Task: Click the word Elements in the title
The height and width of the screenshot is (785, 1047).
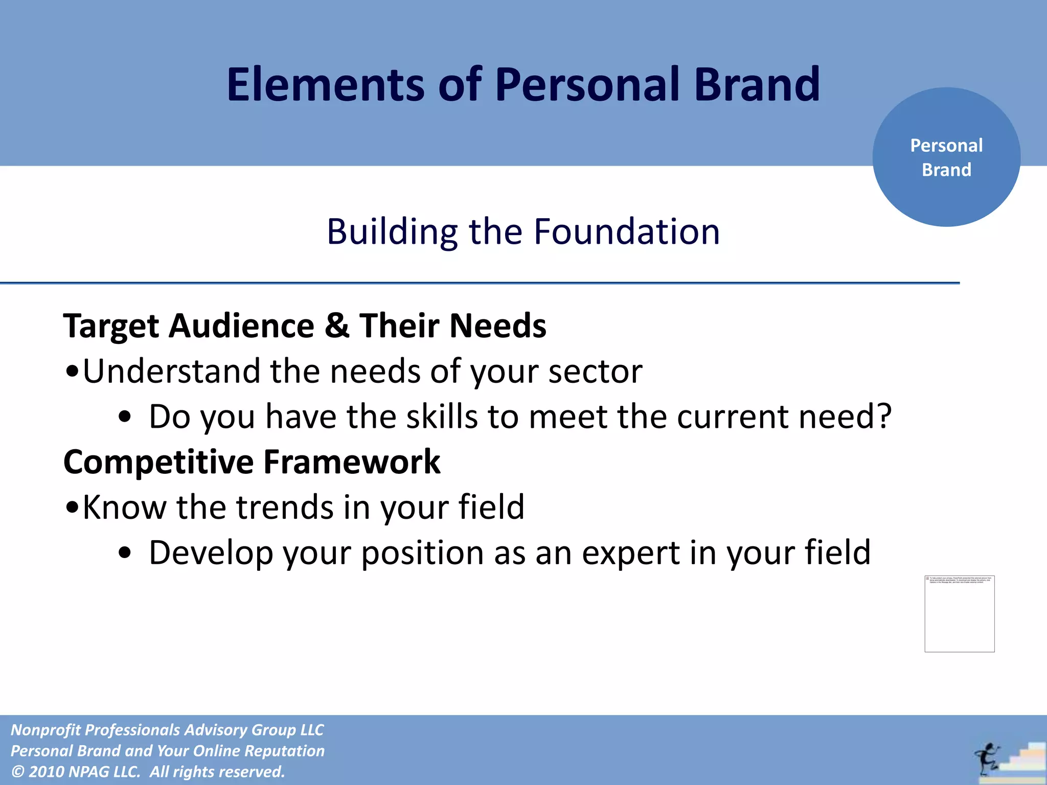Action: pyautogui.click(x=325, y=84)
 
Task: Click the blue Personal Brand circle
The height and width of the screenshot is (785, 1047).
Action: pyautogui.click(x=946, y=157)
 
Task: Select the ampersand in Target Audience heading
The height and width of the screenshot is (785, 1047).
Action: pyautogui.click(x=336, y=326)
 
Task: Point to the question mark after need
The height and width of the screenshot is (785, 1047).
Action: pyautogui.click(x=883, y=416)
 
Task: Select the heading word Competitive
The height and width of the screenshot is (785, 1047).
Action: pyautogui.click(x=158, y=462)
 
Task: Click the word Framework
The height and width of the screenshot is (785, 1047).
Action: pyautogui.click(x=352, y=462)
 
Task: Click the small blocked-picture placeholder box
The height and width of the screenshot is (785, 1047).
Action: pyautogui.click(x=959, y=613)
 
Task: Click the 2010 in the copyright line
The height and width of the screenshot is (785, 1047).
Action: pyautogui.click(x=46, y=771)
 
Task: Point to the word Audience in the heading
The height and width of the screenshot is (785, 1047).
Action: pyautogui.click(x=241, y=326)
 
